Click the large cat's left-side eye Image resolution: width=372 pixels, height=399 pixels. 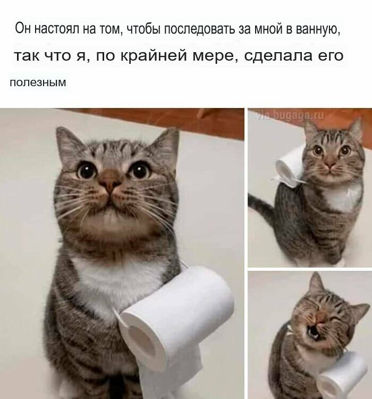point(87,171)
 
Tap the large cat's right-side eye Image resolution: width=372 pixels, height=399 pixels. point(139,170)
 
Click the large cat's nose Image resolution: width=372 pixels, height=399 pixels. point(110,182)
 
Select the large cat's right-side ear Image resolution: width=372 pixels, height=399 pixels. point(165,145)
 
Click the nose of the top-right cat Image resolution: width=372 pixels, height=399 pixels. point(331,165)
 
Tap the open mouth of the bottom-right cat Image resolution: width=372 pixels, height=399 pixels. point(313,332)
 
